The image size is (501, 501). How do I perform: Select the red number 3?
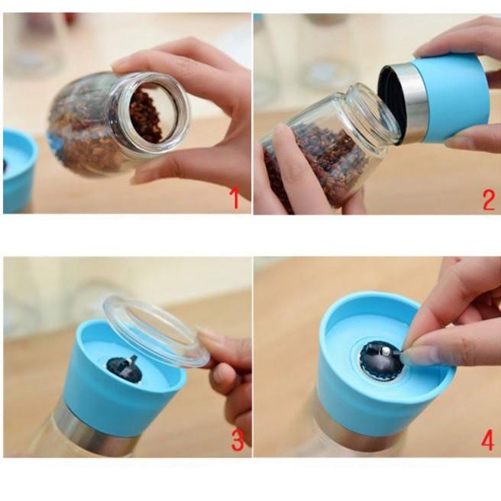(238, 441)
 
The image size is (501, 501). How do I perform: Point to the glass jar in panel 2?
(328, 145)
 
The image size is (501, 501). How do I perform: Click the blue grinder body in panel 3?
(115, 397)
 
